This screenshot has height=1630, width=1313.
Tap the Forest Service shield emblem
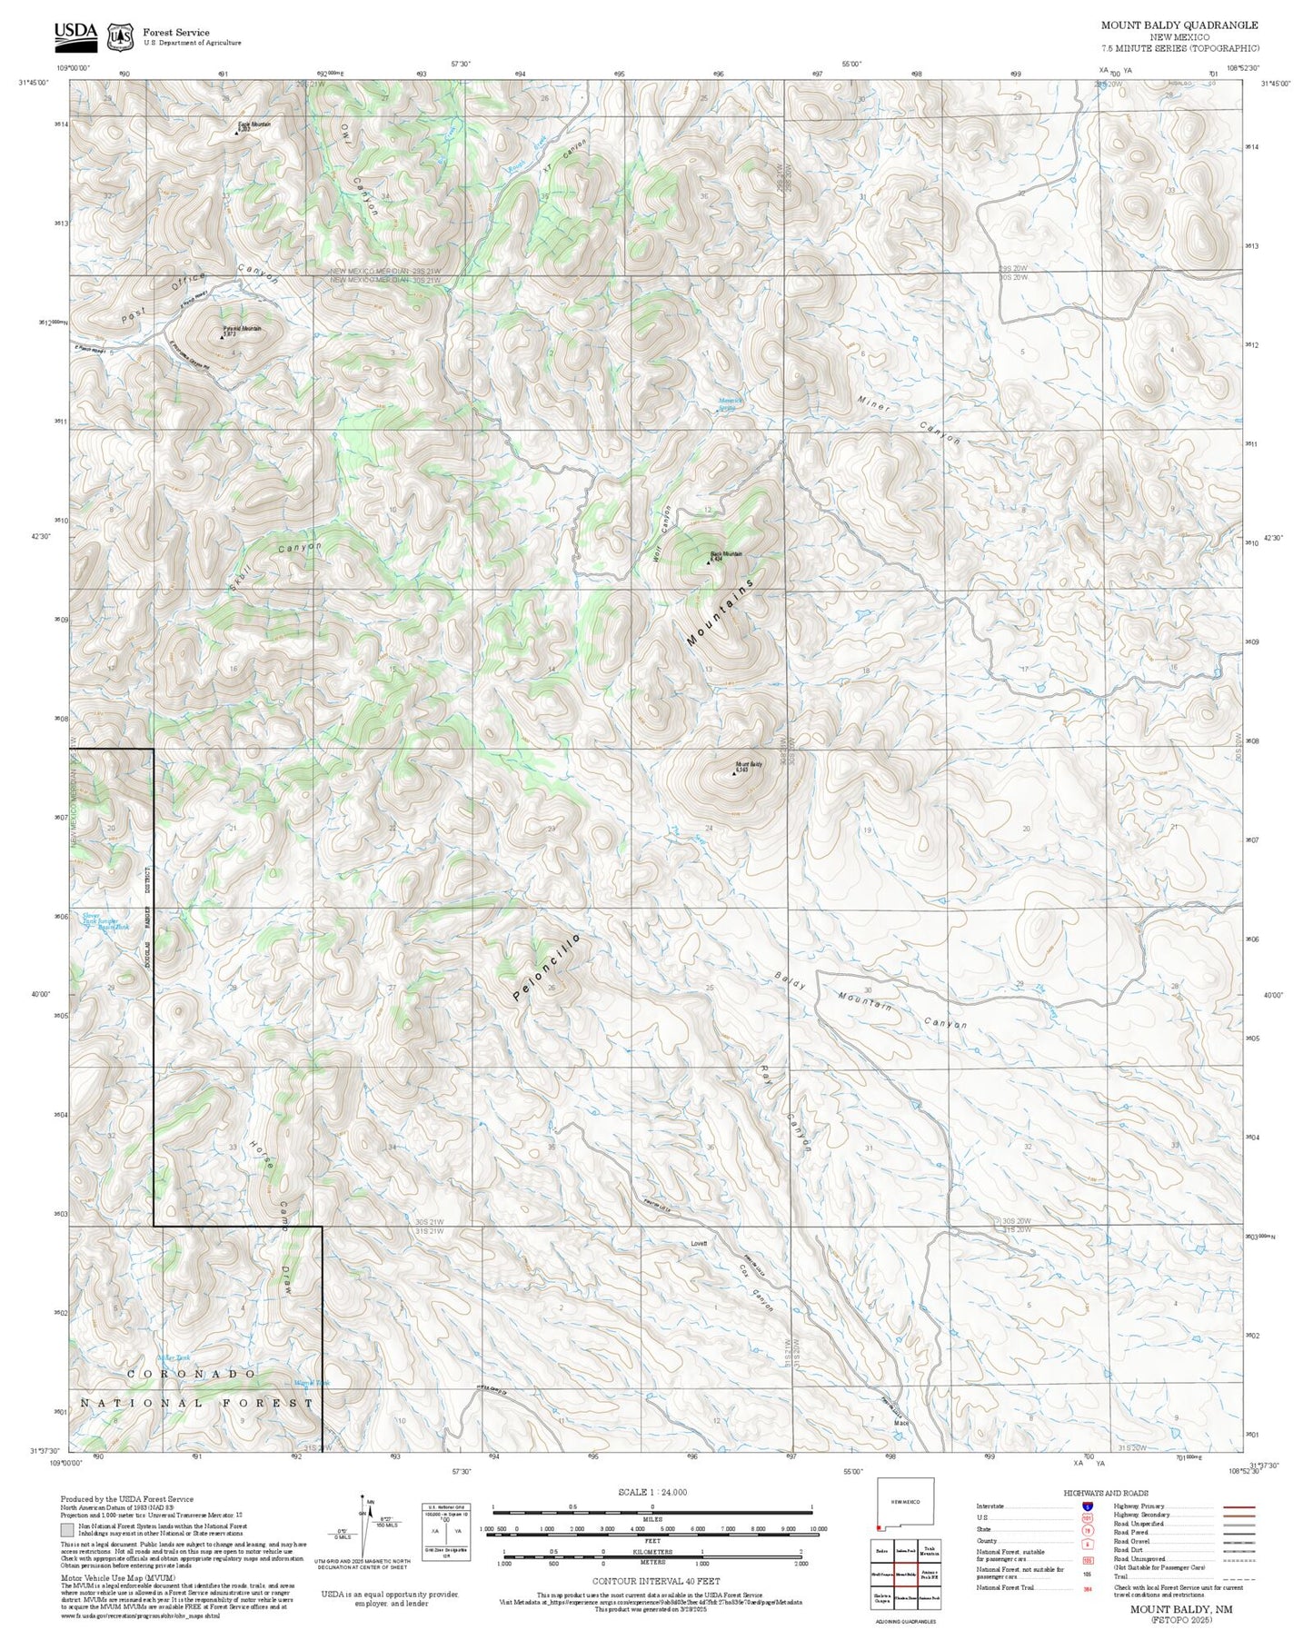tap(120, 36)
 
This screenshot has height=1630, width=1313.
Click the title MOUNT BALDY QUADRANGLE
tap(1179, 25)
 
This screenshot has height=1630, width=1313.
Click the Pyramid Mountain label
tap(242, 329)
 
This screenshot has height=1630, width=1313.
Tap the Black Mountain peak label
tap(725, 554)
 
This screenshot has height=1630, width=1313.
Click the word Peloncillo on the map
tap(546, 968)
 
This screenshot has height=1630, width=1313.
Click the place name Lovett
tap(698, 1243)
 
